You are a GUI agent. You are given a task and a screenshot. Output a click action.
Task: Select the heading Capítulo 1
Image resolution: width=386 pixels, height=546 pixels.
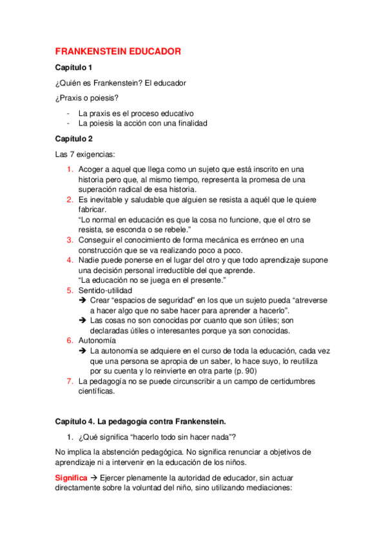73,68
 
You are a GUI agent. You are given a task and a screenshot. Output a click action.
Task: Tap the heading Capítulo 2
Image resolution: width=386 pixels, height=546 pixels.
73,138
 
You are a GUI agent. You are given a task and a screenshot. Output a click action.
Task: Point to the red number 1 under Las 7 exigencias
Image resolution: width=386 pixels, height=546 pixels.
70,169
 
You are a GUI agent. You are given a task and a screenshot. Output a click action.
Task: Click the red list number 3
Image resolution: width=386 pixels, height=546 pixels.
70,240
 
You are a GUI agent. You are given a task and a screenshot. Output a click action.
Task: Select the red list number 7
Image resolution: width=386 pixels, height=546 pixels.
70,381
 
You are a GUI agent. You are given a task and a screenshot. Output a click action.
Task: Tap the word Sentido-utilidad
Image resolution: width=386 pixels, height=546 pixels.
105,290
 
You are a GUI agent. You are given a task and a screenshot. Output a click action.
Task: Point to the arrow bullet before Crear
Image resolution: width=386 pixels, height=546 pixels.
82,300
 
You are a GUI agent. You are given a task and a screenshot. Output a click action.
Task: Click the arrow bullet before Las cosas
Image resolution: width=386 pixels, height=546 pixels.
82,321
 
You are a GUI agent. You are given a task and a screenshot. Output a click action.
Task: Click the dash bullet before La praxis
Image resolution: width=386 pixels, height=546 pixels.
68,113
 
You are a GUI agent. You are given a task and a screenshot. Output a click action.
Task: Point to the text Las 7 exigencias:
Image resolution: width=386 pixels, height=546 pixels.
85,154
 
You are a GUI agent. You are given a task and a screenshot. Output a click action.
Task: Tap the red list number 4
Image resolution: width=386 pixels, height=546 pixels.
70,260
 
